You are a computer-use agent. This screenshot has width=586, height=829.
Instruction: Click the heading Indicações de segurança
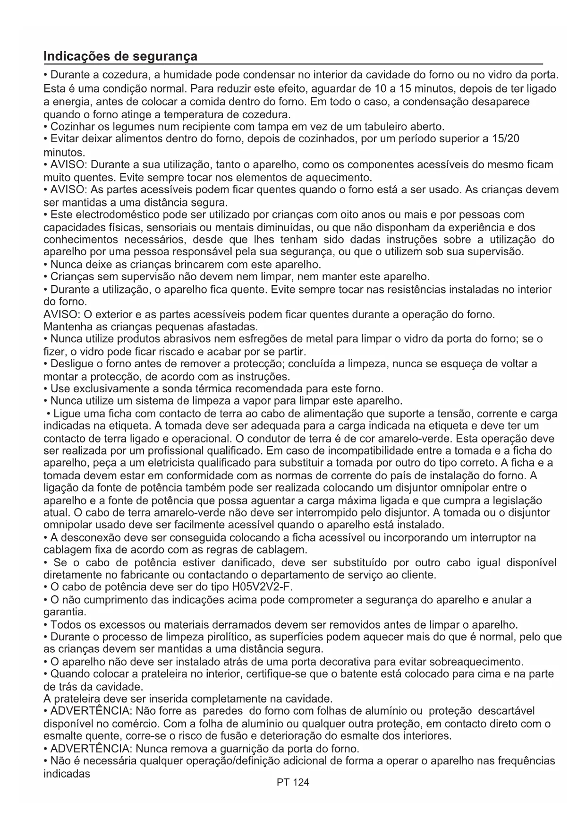point(120,56)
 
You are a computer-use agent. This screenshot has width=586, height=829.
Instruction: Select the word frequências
point(523,761)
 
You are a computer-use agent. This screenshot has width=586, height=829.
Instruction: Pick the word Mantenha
point(63,327)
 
